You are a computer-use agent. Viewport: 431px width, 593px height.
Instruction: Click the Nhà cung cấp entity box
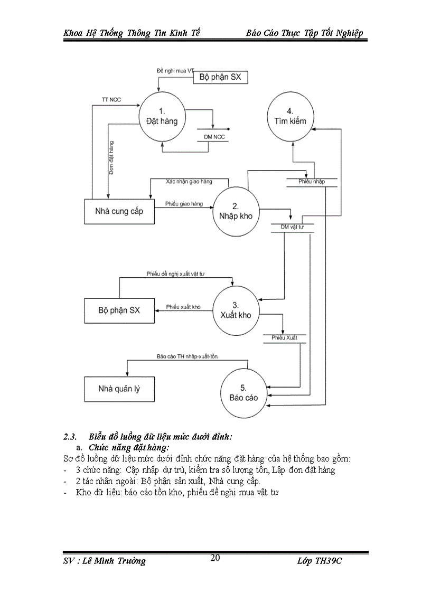point(118,211)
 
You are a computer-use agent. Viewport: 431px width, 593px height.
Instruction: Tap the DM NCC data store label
point(214,137)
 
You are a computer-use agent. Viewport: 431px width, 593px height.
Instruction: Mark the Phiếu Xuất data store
point(284,337)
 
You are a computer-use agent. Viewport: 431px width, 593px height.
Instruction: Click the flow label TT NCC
point(111,100)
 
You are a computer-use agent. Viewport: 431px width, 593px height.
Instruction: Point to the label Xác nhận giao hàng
point(189,181)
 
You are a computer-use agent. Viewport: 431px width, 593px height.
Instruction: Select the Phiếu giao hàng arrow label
point(183,203)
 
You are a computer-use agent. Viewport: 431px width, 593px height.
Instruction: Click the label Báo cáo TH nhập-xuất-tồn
point(187,356)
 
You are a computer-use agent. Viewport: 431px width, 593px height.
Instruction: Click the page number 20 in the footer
point(215,558)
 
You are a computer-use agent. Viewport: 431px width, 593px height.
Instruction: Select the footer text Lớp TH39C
point(321,561)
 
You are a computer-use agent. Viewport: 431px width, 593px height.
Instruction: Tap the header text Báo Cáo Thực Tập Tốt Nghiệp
point(304,33)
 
